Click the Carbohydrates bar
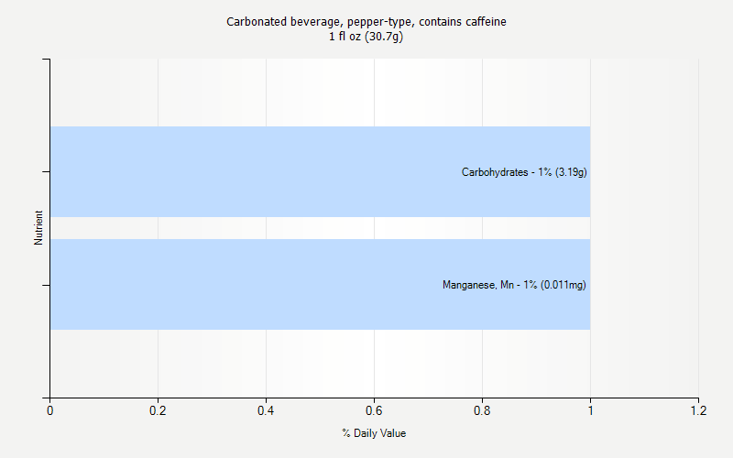[275, 171]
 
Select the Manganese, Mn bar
[275, 284]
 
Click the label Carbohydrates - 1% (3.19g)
[524, 171]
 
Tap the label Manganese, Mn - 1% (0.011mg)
[514, 285]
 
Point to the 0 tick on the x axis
[49, 411]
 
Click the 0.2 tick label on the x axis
[158, 411]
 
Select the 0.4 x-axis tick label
[266, 411]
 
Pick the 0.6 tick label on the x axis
[374, 411]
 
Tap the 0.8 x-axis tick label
[482, 411]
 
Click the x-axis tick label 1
[590, 411]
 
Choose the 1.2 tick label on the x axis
[698, 411]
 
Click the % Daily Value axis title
[374, 433]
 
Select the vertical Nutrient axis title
[38, 228]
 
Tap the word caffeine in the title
[486, 21]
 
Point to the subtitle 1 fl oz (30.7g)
[366, 37]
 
